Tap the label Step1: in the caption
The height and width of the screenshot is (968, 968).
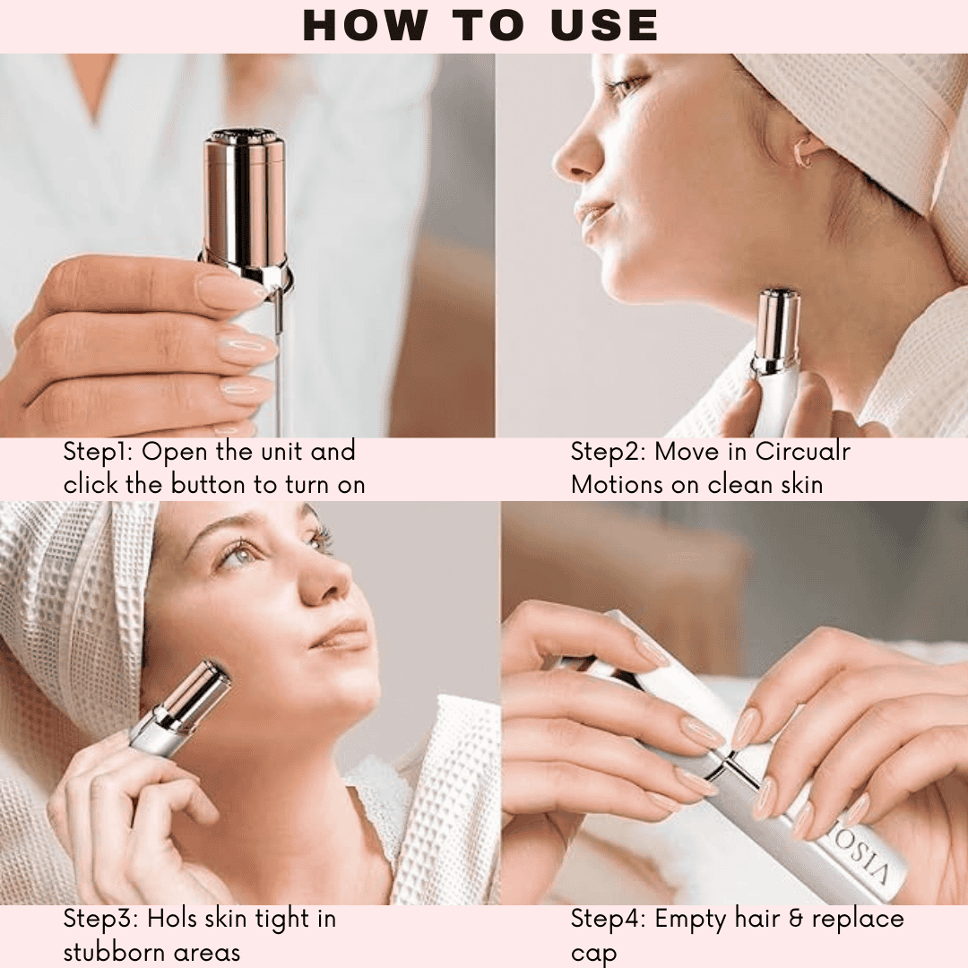(x=99, y=451)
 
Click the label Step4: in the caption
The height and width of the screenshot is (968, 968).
(x=609, y=919)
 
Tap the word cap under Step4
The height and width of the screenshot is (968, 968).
(x=593, y=954)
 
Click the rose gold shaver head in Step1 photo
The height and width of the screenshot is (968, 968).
(x=245, y=197)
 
